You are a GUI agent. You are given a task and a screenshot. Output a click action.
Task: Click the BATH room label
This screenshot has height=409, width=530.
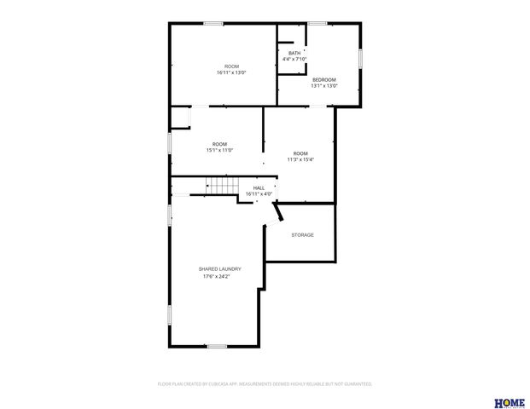coord(294,53)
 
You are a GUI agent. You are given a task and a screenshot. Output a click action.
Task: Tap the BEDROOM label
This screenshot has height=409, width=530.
coord(323,79)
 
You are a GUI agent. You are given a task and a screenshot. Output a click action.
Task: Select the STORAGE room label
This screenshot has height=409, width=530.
coord(302,235)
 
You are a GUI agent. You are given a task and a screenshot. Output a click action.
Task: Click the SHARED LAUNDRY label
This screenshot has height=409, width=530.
coord(219,268)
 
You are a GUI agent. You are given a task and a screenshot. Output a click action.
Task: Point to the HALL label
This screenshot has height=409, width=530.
coord(259,187)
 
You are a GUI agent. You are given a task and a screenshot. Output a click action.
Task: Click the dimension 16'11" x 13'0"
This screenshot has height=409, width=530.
coord(231,72)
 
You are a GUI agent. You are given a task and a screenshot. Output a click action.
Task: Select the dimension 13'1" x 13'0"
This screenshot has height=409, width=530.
coord(323,85)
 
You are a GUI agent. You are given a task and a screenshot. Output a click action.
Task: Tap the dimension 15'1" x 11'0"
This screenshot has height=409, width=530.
coord(219,150)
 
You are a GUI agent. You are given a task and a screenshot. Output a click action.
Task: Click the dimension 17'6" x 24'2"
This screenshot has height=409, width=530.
coord(217,276)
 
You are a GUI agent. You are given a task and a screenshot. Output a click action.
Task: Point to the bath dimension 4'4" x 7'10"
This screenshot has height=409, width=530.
coord(294,59)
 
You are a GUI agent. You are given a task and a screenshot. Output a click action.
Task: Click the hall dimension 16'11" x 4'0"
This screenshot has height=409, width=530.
coord(259,193)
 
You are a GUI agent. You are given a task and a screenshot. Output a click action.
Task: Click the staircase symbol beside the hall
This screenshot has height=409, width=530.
coord(222,187)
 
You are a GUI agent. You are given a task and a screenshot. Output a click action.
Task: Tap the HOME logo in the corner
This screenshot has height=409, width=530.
coord(510,401)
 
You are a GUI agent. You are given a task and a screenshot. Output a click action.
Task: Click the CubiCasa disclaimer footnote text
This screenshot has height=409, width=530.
coord(265,384)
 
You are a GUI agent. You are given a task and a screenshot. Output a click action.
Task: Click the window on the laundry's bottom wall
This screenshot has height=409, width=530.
coord(217,345)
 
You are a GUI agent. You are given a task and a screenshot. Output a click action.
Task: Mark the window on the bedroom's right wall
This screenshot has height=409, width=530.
coord(360,57)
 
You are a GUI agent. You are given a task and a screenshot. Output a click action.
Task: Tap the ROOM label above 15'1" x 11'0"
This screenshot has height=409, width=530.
coord(219,143)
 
